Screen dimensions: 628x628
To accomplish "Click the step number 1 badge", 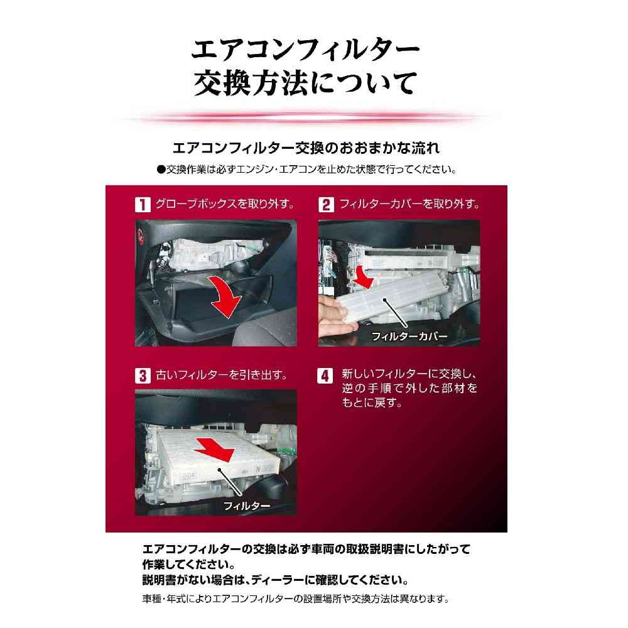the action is point(143,205).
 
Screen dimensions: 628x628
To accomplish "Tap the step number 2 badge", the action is point(326,205).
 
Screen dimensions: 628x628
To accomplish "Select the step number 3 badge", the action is point(143,376).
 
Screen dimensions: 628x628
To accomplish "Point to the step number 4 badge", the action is point(325,376).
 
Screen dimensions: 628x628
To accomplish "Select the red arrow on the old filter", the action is point(214,450).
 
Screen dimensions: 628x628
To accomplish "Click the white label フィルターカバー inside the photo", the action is point(409,336).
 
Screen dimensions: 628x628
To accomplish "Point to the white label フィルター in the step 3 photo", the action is point(247,506).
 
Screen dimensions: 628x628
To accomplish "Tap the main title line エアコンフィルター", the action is point(305,49).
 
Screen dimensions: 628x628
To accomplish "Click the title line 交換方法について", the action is point(305,83).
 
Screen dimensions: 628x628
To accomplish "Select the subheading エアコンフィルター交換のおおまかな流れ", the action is point(306,148).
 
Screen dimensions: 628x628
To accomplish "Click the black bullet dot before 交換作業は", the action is point(161,170).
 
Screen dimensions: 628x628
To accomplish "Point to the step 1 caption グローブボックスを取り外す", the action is point(225,204).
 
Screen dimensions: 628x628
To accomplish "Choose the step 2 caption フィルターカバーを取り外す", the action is point(409,204).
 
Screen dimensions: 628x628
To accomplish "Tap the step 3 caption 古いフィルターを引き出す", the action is point(222,376).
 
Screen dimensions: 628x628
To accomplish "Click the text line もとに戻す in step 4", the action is point(372,403).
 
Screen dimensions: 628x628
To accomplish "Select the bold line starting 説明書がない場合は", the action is point(276,580).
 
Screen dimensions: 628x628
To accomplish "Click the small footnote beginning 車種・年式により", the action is point(296,599).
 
